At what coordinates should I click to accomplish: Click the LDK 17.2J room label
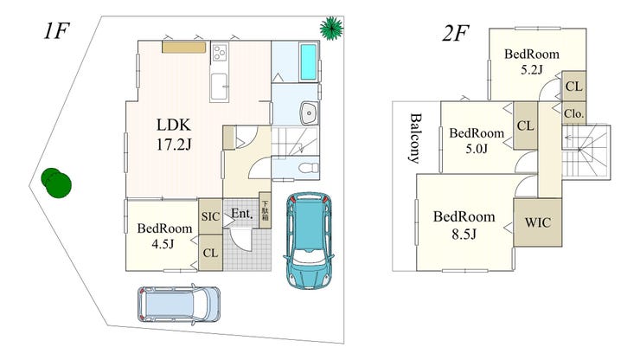point(174,134)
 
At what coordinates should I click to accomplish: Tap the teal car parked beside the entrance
point(308,241)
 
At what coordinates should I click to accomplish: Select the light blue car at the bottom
point(179,304)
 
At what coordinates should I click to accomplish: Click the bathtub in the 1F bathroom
point(308,61)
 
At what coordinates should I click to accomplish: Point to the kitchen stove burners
point(220,53)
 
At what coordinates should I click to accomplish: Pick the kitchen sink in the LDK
point(219,87)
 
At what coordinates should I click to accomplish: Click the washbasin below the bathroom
point(309,112)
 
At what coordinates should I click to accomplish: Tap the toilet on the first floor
point(309,168)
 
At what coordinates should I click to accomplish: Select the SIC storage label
point(210,216)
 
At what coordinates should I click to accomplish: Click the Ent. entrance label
point(242,213)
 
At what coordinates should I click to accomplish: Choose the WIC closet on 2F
point(538,222)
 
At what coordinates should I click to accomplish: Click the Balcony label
point(415,138)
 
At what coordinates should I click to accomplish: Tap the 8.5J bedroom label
point(464,225)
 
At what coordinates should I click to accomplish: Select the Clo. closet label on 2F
point(574,113)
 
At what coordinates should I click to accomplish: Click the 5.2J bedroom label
point(531,61)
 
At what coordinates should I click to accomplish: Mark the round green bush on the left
point(56,183)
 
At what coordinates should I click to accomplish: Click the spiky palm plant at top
point(331,29)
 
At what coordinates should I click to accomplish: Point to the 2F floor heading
point(455,33)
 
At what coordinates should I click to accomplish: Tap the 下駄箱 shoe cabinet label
point(265,210)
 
